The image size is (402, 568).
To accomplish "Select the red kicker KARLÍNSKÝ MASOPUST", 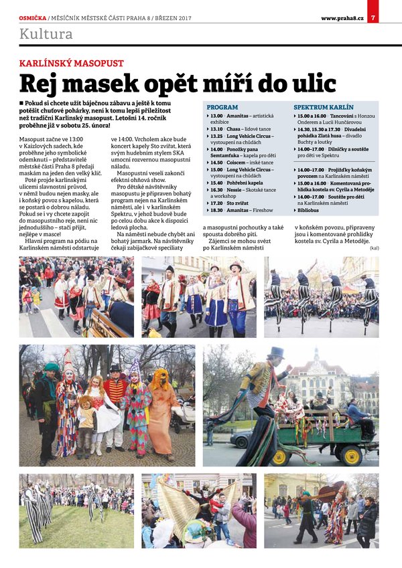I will tap(72, 63).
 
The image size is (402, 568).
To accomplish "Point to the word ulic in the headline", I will tap(308, 83).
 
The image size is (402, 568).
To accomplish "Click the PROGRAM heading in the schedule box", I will tap(222, 107).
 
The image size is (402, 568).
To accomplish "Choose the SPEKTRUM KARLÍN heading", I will tap(323, 107).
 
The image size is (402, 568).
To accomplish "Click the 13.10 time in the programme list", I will tap(216, 129).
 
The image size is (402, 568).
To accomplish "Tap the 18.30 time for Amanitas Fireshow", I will tap(216, 210).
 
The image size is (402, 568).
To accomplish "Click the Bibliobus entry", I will tap(309, 210).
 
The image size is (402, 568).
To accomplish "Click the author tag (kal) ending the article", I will tap(373, 248).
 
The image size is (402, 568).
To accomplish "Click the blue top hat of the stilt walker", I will tap(275, 353).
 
